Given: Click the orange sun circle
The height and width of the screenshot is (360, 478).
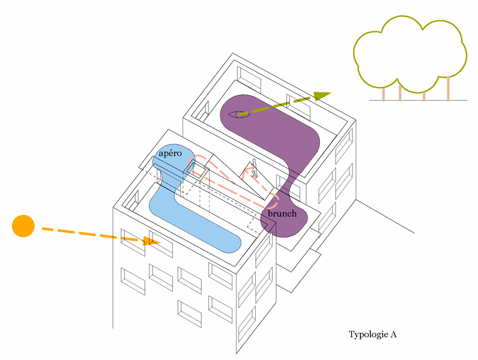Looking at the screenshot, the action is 23,226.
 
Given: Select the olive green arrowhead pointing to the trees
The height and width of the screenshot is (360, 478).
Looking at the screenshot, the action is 322,95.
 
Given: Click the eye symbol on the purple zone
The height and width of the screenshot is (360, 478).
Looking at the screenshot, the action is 240,115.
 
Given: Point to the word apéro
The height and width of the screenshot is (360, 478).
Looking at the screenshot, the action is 170,153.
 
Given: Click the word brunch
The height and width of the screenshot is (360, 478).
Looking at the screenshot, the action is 282,214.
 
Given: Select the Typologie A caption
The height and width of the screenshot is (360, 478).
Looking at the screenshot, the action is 372,334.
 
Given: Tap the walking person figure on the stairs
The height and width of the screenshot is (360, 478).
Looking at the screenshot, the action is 255,168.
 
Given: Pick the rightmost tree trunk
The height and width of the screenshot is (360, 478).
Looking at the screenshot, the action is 448,88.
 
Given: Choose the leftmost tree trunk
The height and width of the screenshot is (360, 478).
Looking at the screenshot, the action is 384,94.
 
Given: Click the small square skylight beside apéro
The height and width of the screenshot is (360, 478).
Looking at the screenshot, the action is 196,169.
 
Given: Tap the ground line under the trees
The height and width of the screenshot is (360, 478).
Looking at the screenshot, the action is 418,100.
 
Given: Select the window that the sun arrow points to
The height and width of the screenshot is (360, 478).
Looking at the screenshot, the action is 161,244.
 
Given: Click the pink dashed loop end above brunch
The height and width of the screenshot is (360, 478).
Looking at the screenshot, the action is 274,200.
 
